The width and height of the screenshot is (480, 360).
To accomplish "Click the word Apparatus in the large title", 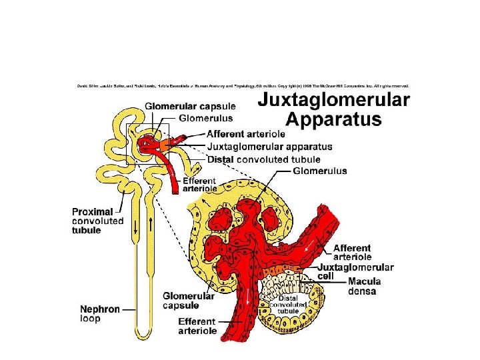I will tap(334, 119).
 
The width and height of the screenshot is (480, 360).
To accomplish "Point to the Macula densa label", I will tap(361, 286).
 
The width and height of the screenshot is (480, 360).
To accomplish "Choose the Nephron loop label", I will tap(101, 314).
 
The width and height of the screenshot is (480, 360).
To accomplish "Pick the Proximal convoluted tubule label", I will tap(97, 221).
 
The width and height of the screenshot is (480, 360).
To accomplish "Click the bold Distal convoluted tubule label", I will tap(264, 159).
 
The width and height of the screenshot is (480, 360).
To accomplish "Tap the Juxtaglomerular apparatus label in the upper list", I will tap(269, 147).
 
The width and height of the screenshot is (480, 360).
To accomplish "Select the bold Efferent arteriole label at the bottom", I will tap(197, 326).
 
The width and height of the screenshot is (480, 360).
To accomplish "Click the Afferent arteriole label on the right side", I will tap(352, 253).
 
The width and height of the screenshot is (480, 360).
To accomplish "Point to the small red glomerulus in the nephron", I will tap(145, 142).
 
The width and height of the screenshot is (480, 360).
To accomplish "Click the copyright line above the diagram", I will tap(243, 86).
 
